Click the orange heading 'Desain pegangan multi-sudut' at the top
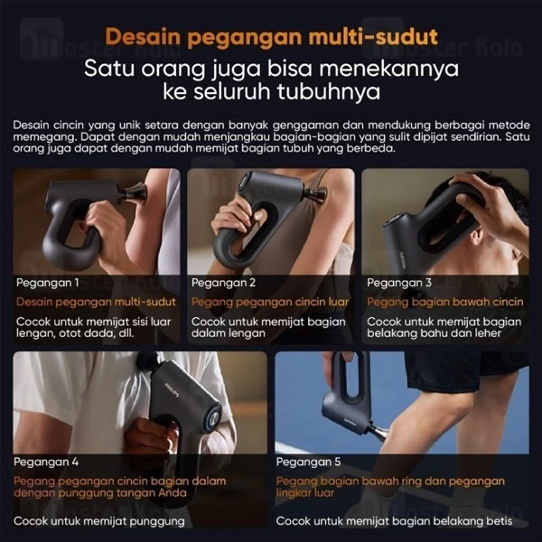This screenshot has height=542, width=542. pos(271,37)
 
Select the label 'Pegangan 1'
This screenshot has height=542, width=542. pos(47,283)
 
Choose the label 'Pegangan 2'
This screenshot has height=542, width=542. pos(223,283)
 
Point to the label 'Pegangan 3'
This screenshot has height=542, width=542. pos(399,283)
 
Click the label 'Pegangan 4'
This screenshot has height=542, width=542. pos(46,463)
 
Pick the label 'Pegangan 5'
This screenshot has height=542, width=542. pos(308,463)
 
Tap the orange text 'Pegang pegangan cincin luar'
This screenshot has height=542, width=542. pos(270,302)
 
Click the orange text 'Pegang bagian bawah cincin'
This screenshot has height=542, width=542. pos(444,302)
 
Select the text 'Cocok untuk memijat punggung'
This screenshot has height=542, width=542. pos(99,521)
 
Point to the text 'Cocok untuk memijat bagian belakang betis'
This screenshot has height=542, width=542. pos(394,521)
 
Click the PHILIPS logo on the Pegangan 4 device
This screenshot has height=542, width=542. pos(173,389)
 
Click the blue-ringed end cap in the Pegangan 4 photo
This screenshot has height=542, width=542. pos(214,418)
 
